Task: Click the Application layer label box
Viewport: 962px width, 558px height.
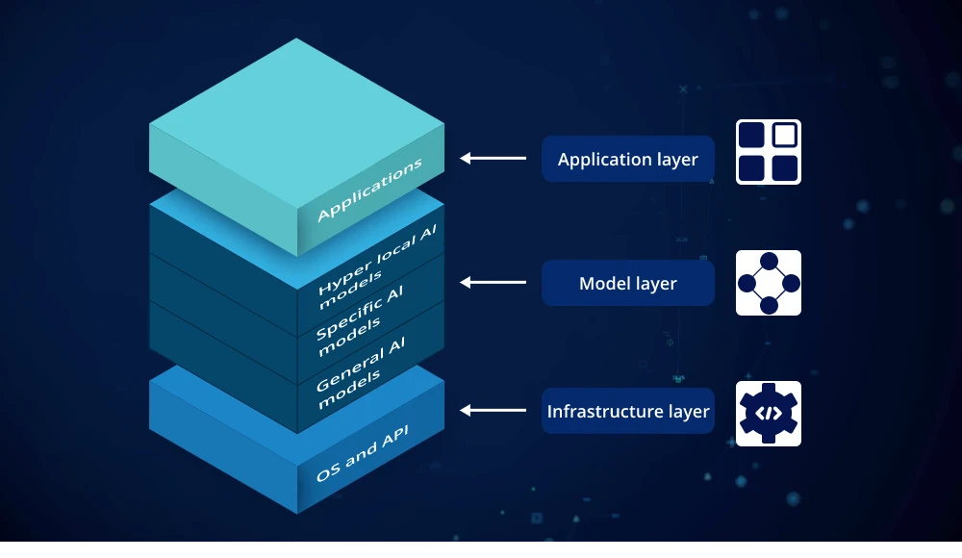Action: point(627,159)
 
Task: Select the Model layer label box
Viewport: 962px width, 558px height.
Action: point(627,283)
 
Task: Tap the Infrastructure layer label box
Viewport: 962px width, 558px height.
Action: point(627,412)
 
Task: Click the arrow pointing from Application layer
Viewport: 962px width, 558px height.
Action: point(493,158)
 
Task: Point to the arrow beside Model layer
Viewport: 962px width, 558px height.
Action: point(493,282)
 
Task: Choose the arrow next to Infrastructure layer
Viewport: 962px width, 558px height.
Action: point(493,410)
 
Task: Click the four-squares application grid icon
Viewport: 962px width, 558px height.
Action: point(769,152)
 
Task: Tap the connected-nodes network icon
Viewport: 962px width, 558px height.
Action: point(769,283)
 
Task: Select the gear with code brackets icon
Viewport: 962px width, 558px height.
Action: point(769,414)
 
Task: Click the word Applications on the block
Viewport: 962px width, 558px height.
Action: point(369,190)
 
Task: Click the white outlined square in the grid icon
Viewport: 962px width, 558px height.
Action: point(785,136)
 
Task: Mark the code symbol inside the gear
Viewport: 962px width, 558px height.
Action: point(769,414)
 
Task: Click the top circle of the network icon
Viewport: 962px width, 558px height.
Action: point(769,261)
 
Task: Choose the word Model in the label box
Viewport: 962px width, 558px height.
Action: point(604,283)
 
